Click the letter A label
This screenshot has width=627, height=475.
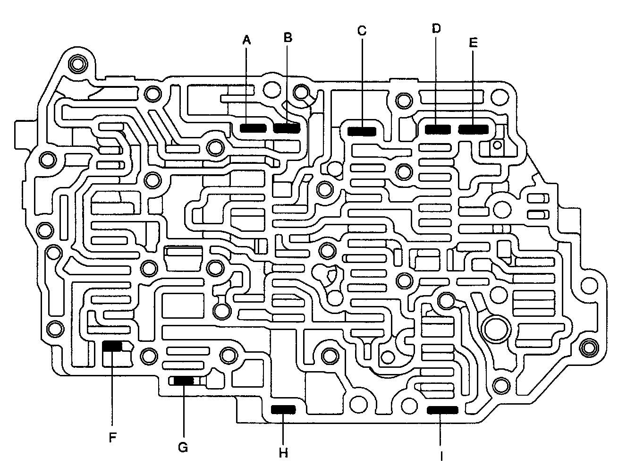pyautogui.click(x=246, y=41)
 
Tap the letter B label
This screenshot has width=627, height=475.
pyautogui.click(x=288, y=37)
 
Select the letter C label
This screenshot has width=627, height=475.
pyautogui.click(x=362, y=31)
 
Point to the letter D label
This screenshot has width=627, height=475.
pyautogui.click(x=436, y=28)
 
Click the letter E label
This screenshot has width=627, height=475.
pyautogui.click(x=473, y=43)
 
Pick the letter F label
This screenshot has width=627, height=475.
pyautogui.click(x=112, y=438)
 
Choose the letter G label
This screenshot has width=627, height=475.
pyautogui.click(x=183, y=447)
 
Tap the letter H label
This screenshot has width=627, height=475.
pyautogui.click(x=283, y=454)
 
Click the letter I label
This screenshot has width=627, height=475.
pyautogui.click(x=441, y=456)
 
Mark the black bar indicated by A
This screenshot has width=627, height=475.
pyautogui.click(x=253, y=128)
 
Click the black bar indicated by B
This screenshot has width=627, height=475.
pyautogui.click(x=287, y=128)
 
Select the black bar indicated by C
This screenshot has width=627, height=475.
pyautogui.click(x=362, y=131)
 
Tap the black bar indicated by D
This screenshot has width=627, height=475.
pyautogui.click(x=437, y=128)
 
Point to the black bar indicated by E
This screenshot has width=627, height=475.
pyautogui.click(x=474, y=128)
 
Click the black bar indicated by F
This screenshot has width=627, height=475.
pyautogui.click(x=112, y=346)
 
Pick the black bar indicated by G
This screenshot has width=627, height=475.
pyautogui.click(x=183, y=381)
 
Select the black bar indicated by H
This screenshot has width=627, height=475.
pyautogui.click(x=283, y=409)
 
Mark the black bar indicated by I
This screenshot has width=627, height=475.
pyautogui.click(x=442, y=410)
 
